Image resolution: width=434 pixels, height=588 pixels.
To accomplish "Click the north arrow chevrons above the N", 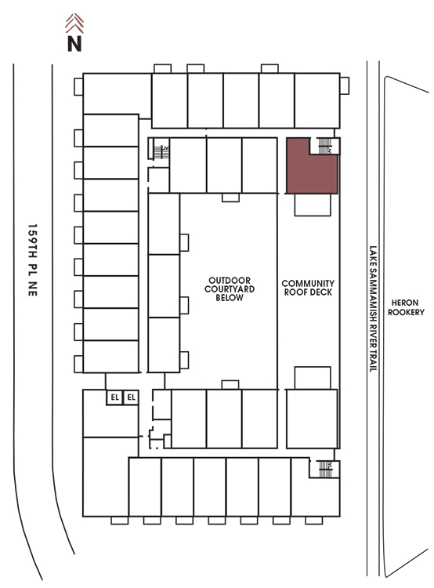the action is click(x=74, y=24).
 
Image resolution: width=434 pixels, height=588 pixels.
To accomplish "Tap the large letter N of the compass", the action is click(x=74, y=43).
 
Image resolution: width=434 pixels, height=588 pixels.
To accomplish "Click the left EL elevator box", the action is click(x=114, y=397).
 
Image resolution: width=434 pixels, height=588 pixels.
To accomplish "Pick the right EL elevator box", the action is click(x=131, y=397).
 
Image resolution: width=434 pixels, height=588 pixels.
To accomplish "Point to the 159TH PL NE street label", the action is click(x=33, y=260).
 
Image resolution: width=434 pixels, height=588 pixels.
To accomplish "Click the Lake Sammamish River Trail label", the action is click(x=373, y=309).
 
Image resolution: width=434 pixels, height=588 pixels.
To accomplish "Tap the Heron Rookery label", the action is click(x=406, y=307).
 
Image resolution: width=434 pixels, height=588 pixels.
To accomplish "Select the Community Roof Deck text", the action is click(x=308, y=288).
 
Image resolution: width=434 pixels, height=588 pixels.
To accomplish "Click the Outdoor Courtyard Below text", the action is click(x=230, y=289).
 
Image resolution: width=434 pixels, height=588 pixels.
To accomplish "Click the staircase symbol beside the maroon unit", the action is click(x=325, y=146).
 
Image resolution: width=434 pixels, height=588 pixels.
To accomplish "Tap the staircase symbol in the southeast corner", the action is click(x=325, y=469).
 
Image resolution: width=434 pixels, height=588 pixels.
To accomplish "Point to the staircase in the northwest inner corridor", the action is click(x=161, y=151).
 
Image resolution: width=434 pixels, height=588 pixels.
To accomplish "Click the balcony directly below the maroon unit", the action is click(x=313, y=205).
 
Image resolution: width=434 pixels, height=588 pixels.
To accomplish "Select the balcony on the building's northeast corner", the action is click(x=345, y=86).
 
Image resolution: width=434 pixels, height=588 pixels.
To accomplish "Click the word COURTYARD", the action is click(x=230, y=289).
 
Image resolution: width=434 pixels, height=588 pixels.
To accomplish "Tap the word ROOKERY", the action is click(x=406, y=312).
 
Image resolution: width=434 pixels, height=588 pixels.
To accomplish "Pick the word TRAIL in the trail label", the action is click(x=373, y=361).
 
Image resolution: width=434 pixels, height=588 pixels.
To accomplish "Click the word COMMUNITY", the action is click(x=308, y=283).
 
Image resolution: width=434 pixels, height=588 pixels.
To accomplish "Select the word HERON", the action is click(x=405, y=303).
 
